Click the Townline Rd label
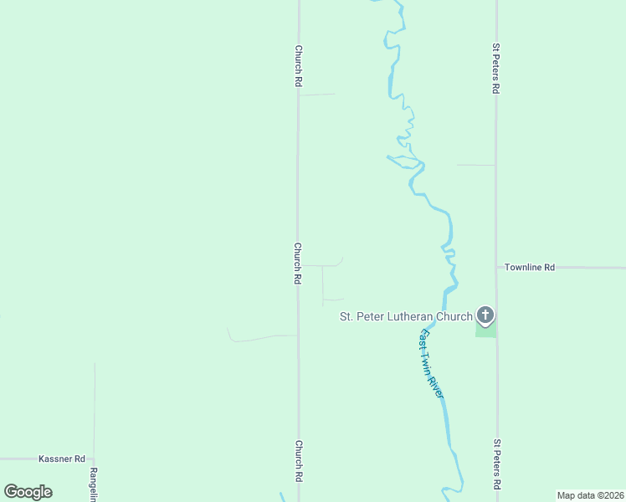point(529,268)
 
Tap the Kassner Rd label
point(62,459)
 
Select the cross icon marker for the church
point(485,315)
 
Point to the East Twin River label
point(430,363)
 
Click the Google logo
point(28,492)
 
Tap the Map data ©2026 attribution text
point(590,495)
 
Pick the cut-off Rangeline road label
point(94,484)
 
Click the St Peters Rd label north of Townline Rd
point(496,69)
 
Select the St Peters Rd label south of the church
point(496,465)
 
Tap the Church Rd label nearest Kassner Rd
point(298,461)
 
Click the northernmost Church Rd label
point(298,66)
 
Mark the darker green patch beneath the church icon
point(485,330)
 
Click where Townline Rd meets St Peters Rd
point(496,268)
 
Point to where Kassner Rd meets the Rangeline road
point(94,459)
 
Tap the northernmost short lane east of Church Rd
point(316,95)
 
